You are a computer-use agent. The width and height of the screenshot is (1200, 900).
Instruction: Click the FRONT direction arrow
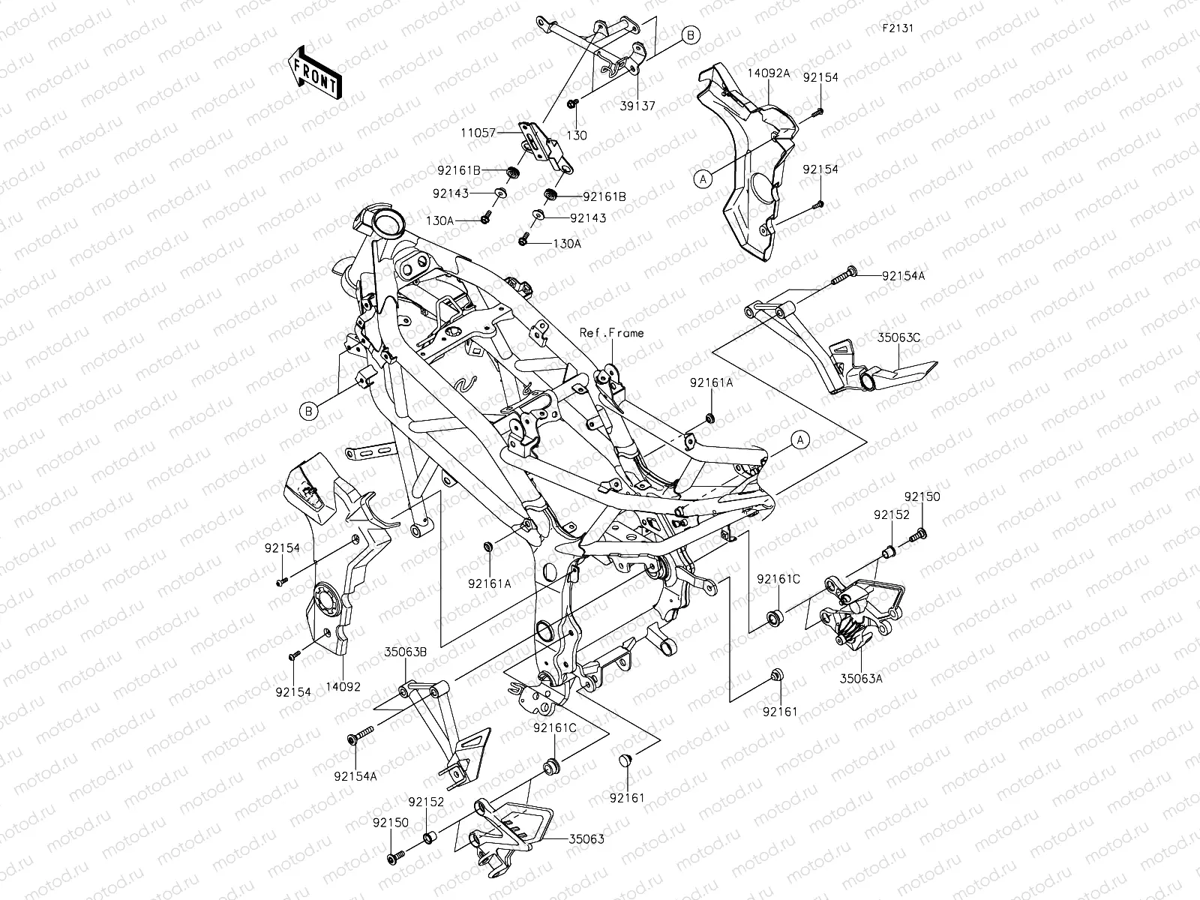314,72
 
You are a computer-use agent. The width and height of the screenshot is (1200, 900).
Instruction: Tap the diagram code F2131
896,28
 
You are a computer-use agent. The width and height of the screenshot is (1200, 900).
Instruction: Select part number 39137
637,106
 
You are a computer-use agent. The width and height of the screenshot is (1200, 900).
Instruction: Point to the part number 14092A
768,73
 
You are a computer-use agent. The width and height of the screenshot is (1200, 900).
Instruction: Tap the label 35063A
860,678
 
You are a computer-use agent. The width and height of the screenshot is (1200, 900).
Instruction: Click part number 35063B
406,652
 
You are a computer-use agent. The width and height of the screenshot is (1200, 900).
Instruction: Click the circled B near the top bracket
691,34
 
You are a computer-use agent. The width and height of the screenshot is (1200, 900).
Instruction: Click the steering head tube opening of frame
388,223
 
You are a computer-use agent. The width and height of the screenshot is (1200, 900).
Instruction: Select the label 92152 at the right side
890,515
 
